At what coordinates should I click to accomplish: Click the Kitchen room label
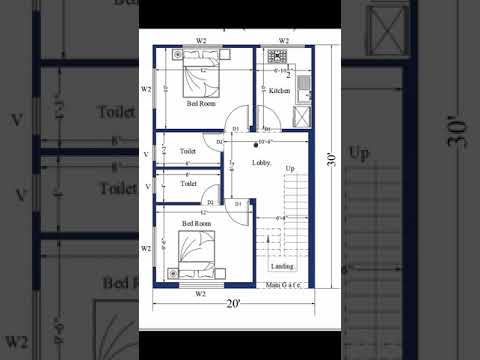click(x=279, y=91)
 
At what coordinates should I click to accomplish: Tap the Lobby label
click(x=261, y=161)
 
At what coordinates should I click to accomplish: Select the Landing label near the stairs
click(x=283, y=267)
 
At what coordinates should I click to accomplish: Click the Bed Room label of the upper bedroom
click(x=200, y=103)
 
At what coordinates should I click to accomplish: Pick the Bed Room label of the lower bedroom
click(x=195, y=223)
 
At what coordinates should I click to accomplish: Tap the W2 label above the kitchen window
click(x=284, y=41)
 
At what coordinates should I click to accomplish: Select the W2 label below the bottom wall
click(x=200, y=293)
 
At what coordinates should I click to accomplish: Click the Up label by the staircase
click(x=290, y=169)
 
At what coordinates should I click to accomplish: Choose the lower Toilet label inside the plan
click(x=188, y=184)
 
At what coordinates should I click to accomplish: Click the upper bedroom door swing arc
click(x=238, y=117)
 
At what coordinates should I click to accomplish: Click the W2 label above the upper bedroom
click(x=201, y=41)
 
